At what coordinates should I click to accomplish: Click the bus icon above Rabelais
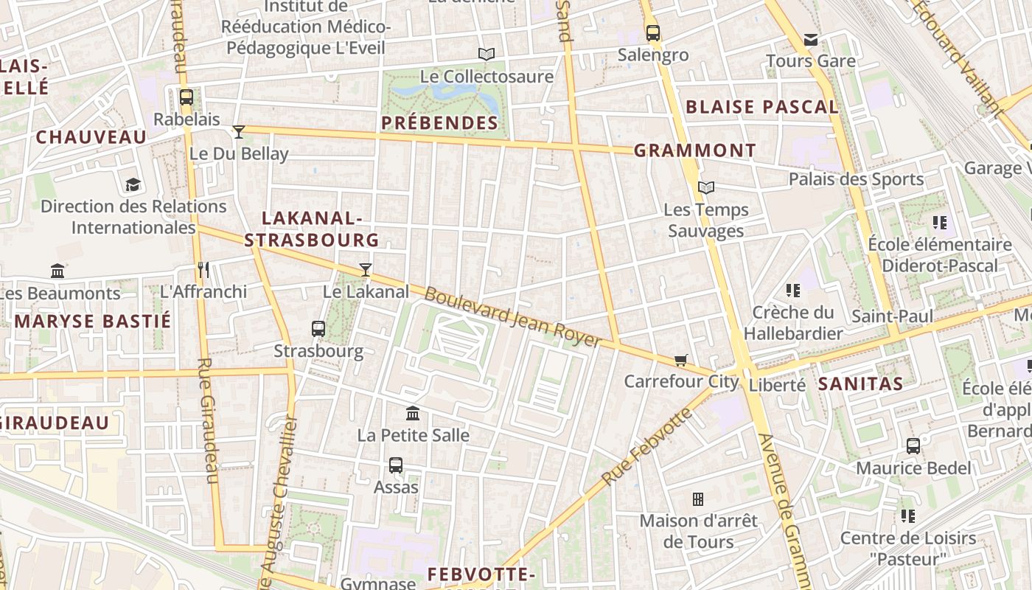point(186,97)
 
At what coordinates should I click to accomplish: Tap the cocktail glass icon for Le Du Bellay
point(239,132)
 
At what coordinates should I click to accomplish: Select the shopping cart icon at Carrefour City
point(680,360)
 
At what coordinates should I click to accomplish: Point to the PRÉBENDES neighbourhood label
point(440,123)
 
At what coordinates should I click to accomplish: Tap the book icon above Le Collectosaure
point(486,54)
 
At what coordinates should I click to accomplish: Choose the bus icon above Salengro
point(653,32)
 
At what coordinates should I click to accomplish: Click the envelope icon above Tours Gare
point(811,39)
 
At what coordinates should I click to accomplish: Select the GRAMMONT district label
point(695,150)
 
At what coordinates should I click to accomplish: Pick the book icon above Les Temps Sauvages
point(706,188)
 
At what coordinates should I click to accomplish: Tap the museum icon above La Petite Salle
point(413,413)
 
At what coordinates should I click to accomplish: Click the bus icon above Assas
point(396,465)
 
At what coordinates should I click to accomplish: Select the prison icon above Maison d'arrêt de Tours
point(698,499)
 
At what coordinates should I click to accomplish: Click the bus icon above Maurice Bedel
point(913,445)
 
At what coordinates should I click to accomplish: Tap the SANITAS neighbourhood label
point(860,383)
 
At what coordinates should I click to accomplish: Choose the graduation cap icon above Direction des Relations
point(133,184)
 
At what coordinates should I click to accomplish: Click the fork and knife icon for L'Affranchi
point(203,270)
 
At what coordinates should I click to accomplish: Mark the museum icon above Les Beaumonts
point(57,271)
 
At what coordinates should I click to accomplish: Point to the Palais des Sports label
point(856,179)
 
